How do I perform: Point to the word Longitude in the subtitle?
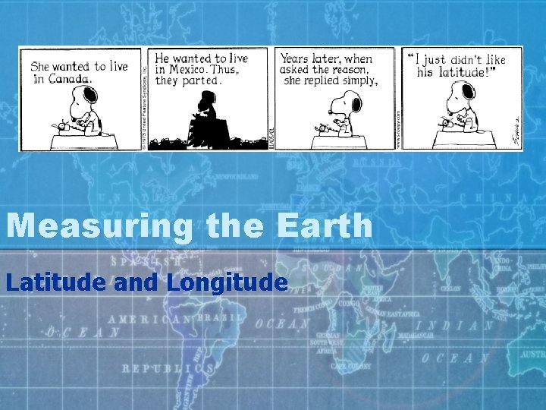tap(227, 282)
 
